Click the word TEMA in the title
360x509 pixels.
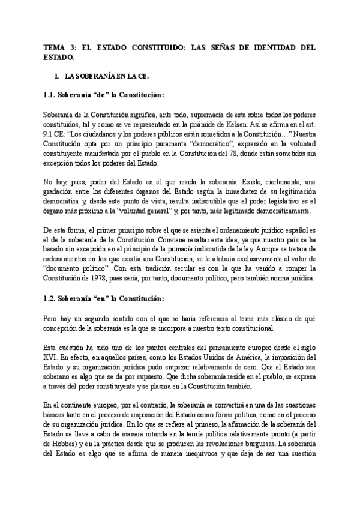[x=56, y=47]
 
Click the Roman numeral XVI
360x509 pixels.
[x=51, y=358]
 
